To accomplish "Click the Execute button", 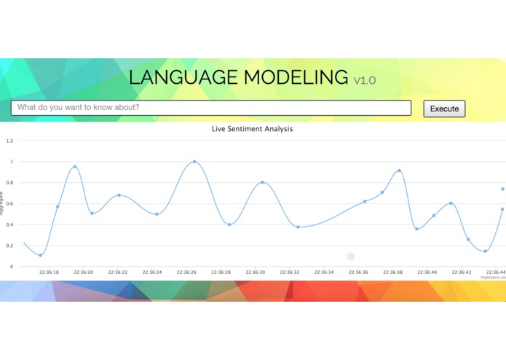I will coord(444,109).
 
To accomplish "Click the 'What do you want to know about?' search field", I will coord(211,108).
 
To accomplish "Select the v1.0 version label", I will coord(365,80).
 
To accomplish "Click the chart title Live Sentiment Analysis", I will coord(252,129).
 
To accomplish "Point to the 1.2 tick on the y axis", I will coord(10,141).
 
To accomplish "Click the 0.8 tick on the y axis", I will coord(10,183).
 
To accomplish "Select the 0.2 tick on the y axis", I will coord(10,246).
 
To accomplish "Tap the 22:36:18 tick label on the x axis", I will coord(50,273).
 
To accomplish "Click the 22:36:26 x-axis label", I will coord(187,273).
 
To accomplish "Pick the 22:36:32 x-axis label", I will coord(290,273).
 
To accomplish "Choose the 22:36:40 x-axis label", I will coord(427,273).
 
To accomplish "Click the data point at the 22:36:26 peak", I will coord(194,162).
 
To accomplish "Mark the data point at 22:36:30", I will coord(262,182).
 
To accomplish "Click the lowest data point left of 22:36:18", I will coord(41,255).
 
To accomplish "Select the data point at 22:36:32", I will coord(298,227).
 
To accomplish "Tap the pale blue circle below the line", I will coord(351,257).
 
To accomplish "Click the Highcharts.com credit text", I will coord(492,278).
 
